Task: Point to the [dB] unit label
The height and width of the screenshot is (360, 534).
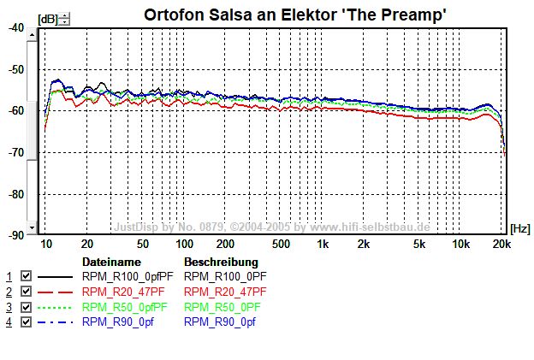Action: pyautogui.click(x=49, y=19)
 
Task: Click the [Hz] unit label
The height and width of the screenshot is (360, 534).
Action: pyautogui.click(x=519, y=229)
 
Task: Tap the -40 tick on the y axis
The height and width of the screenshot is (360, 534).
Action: pyautogui.click(x=17, y=27)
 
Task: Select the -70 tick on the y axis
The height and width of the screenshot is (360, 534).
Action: pyautogui.click(x=17, y=152)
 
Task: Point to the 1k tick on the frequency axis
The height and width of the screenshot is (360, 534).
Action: pyautogui.click(x=323, y=245)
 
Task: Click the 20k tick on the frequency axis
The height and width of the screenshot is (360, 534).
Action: pyautogui.click(x=502, y=245)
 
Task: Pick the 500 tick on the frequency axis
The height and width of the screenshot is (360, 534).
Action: pyautogui.click(x=281, y=245)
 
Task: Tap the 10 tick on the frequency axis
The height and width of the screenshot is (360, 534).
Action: pyautogui.click(x=47, y=245)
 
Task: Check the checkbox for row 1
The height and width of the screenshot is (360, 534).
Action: pyautogui.click(x=26, y=276)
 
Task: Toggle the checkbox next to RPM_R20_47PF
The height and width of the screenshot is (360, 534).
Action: pyautogui.click(x=26, y=292)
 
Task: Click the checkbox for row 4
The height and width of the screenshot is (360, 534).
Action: pyautogui.click(x=26, y=322)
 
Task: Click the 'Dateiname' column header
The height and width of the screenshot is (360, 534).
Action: pyautogui.click(x=110, y=261)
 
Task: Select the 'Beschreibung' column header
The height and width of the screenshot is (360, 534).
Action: pyautogui.click(x=220, y=261)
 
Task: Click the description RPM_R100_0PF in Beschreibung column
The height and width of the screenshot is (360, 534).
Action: pyautogui.click(x=225, y=276)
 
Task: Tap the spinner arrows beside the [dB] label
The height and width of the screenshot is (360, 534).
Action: pyautogui.click(x=65, y=19)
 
